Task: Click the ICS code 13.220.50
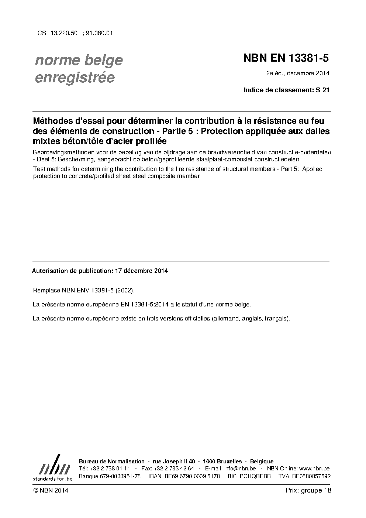64,33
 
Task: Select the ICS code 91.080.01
99,33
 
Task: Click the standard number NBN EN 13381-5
286,58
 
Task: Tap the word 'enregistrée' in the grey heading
75,78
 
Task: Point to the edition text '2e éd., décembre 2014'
298,73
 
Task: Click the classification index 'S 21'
322,90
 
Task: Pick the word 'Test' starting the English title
39,169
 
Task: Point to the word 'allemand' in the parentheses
225,318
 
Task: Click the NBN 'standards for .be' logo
52,468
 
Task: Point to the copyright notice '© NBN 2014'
51,490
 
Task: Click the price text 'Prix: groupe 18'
308,490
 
